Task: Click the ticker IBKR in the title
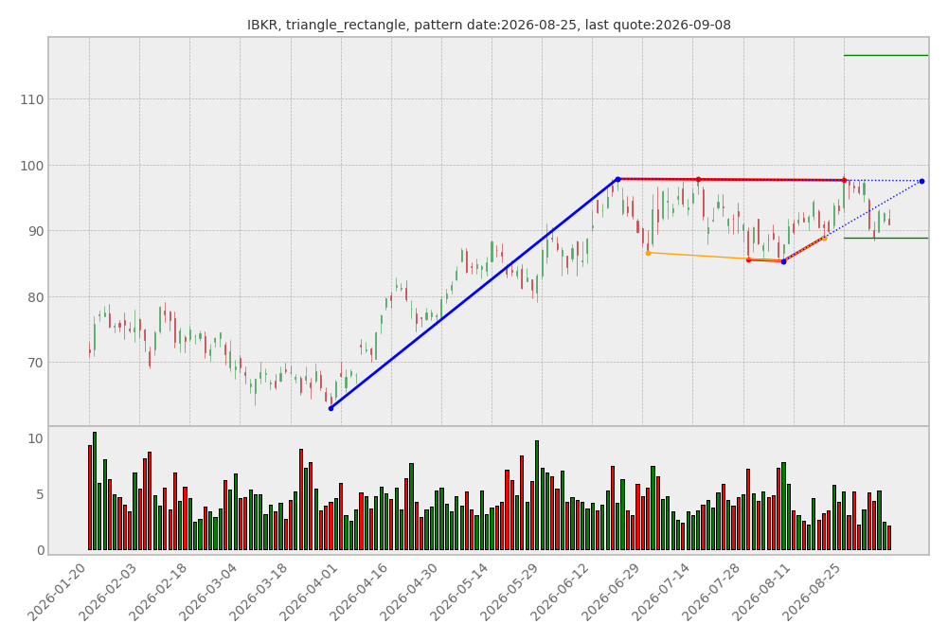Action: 263,25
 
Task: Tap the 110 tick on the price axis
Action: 31,99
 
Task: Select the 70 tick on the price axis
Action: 36,364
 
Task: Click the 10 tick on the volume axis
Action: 36,438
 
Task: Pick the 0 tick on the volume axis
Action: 40,551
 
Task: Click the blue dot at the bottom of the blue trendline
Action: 331,409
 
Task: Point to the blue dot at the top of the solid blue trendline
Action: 617,180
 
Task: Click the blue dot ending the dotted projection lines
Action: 921,182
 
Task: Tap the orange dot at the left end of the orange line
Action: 648,253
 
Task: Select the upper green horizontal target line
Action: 885,56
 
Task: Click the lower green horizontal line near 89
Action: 885,239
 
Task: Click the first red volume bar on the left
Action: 89,497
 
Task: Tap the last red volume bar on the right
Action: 888,538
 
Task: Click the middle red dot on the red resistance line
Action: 698,180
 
